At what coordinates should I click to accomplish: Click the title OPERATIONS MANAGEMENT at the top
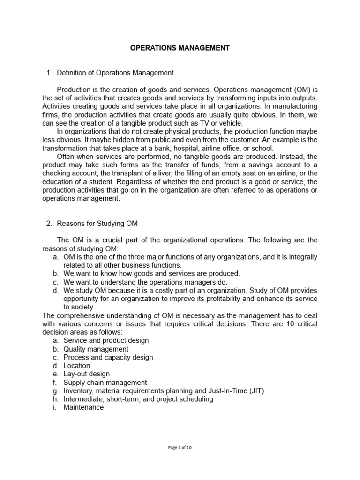pos(180,48)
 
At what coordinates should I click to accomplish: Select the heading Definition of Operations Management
pos(115,73)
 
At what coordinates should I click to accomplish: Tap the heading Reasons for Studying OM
pos(97,223)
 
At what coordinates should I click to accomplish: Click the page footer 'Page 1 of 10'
pos(180,447)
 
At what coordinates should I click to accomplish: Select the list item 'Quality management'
pos(96,349)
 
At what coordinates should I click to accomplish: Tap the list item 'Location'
pos(77,366)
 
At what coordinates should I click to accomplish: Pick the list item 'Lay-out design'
pos(87,374)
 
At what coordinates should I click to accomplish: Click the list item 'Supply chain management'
pos(105,382)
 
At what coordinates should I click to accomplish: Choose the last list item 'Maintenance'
pos(83,407)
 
